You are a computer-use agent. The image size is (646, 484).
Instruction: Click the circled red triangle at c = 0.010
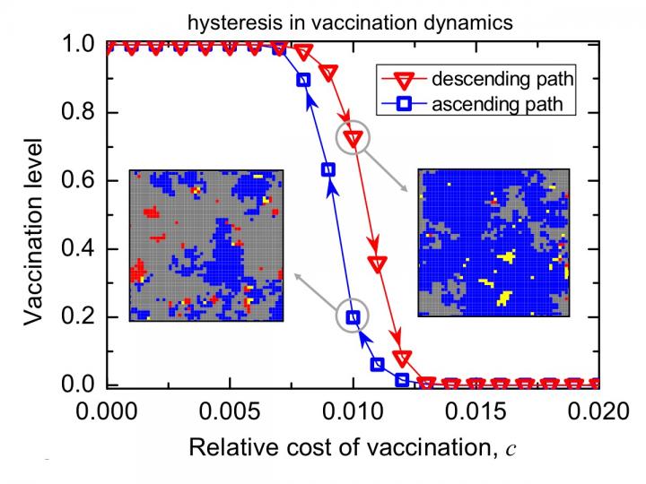point(354,139)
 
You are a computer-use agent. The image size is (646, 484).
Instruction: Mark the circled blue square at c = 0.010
point(354,316)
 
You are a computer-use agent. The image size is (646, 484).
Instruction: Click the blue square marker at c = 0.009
point(328,169)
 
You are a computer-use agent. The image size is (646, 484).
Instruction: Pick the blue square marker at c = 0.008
point(304,80)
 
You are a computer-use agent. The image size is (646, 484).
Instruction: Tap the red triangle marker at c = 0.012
point(403,359)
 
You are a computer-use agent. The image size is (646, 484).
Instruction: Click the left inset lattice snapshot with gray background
point(206,245)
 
